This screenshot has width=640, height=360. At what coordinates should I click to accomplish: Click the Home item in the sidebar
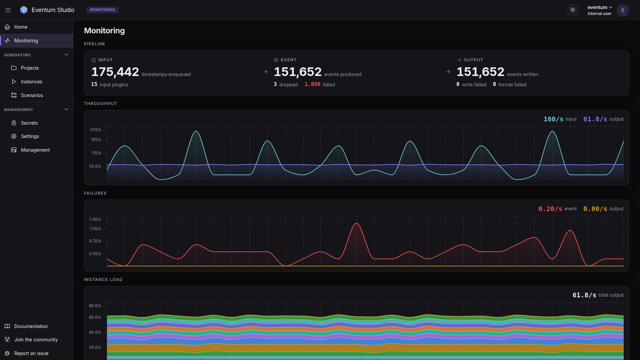21,27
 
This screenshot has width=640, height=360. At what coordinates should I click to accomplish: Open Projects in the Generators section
30,68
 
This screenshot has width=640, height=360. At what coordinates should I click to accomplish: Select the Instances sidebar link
31,82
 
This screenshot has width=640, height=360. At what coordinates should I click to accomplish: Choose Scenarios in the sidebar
32,95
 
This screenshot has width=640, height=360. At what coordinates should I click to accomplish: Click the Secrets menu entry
29,123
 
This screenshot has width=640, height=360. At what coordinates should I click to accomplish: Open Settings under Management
30,136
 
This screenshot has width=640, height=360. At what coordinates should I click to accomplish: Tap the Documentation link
31,326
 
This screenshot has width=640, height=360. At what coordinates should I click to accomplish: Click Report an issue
31,353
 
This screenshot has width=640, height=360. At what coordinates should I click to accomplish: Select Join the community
36,340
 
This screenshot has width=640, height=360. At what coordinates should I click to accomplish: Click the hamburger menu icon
8,10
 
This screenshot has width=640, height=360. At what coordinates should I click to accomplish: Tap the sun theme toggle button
573,10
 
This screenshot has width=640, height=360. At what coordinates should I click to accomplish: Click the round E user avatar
623,10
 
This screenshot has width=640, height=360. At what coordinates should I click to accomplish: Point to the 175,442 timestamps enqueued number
115,72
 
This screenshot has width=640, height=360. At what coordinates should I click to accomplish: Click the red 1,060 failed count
312,84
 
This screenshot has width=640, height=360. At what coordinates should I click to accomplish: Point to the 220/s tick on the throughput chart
95,130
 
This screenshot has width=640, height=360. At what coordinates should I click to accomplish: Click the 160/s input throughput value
553,119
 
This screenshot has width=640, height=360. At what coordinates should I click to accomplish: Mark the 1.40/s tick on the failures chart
95,219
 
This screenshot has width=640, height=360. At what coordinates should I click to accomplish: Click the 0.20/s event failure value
550,209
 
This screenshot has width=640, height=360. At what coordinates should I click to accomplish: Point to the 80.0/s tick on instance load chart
95,306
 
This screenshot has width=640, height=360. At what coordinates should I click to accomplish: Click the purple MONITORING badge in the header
102,10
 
